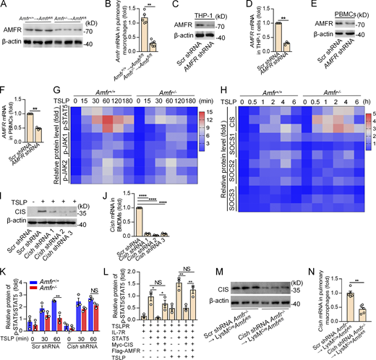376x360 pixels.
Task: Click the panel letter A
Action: pyautogui.click(x=4, y=5)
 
